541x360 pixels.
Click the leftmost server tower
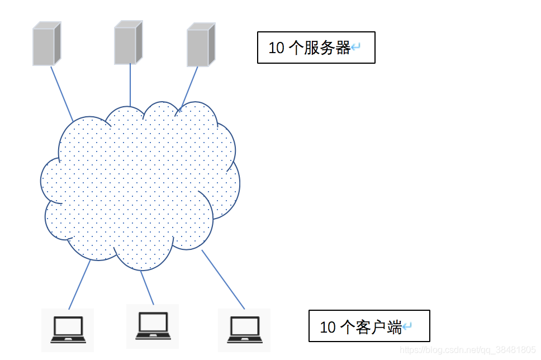(x=46, y=44)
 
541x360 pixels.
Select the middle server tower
(x=128, y=42)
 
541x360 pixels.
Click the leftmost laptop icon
(x=68, y=329)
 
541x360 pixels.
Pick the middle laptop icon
(x=153, y=326)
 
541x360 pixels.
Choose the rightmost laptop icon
(x=244, y=330)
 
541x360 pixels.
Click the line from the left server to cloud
(x=61, y=93)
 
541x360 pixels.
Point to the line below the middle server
(x=130, y=84)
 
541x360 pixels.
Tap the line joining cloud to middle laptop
(x=147, y=287)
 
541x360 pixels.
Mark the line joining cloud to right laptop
(x=223, y=279)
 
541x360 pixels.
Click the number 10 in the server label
(x=277, y=48)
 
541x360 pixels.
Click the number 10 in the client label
(x=328, y=327)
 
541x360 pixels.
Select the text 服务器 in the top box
(x=327, y=48)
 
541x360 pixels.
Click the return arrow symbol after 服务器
(x=355, y=48)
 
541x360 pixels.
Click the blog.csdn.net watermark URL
(x=468, y=350)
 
